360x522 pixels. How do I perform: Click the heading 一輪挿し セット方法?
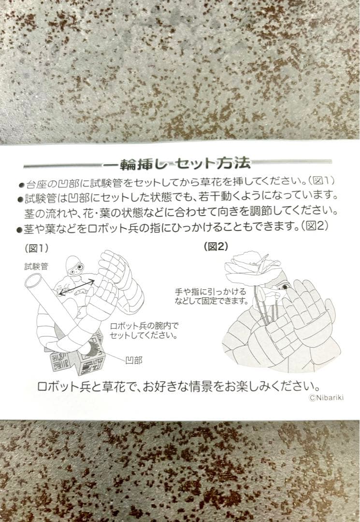[x=176, y=163]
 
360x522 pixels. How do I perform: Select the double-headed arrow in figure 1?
[x=77, y=287]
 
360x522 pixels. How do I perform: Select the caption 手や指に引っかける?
[x=211, y=291]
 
